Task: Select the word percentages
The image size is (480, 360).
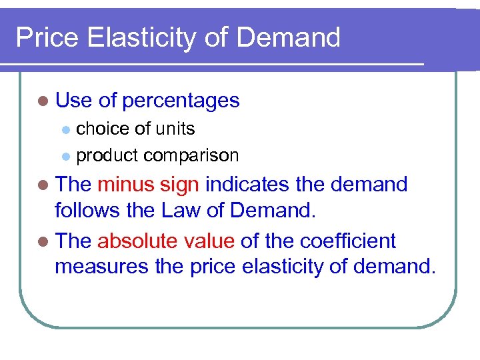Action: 181,101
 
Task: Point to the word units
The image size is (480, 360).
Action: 174,128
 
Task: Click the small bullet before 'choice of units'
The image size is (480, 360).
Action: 65,129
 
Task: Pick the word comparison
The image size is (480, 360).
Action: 191,155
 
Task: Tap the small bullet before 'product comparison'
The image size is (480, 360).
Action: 65,156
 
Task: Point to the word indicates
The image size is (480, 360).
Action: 248,184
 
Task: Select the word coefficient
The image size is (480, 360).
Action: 348,240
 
